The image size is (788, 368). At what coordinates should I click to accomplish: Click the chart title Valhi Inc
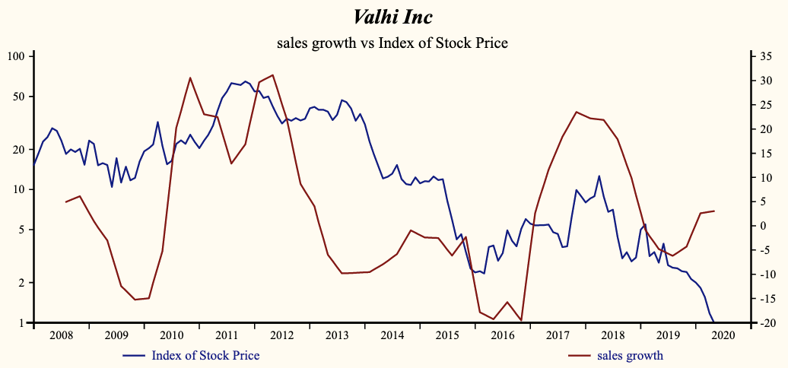click(x=392, y=17)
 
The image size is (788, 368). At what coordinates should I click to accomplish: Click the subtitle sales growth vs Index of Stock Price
click(x=392, y=43)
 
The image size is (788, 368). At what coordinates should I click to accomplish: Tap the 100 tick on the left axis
click(x=17, y=56)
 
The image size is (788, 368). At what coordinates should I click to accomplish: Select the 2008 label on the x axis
click(x=61, y=335)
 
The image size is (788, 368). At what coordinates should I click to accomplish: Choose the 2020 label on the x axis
click(x=723, y=335)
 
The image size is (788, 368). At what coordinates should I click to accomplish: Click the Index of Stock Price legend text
click(x=205, y=355)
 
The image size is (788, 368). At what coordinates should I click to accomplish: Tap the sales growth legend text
click(x=630, y=355)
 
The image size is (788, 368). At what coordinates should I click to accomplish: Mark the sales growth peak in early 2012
click(x=272, y=75)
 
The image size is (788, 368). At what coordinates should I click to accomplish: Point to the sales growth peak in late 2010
click(x=190, y=78)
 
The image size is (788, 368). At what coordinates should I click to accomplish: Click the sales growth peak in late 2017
click(x=576, y=112)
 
